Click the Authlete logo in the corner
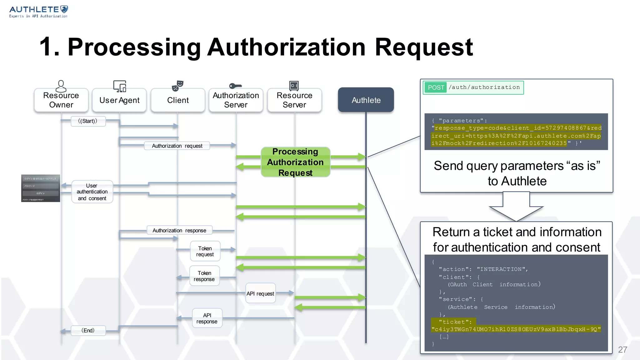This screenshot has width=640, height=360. point(38,12)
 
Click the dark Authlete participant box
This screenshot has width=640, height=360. point(366,100)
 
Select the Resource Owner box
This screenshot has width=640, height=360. point(61,100)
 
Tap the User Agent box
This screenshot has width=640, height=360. point(119,100)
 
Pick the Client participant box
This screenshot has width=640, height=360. point(178,100)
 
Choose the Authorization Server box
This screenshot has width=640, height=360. point(236,100)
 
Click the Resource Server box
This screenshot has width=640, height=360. point(294,100)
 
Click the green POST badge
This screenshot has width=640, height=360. point(436,87)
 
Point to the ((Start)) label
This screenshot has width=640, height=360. point(88,121)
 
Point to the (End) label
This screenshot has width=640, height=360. point(88,330)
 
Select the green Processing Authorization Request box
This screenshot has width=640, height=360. point(295,162)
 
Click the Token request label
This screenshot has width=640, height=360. point(205,251)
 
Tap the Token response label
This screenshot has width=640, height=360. point(204,276)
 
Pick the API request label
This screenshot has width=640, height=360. point(260,293)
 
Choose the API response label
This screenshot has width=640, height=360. point(207,318)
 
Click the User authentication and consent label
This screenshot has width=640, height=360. point(92,192)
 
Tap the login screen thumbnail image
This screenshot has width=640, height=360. point(41,188)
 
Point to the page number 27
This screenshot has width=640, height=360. point(622,349)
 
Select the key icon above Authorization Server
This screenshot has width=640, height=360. point(235,86)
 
